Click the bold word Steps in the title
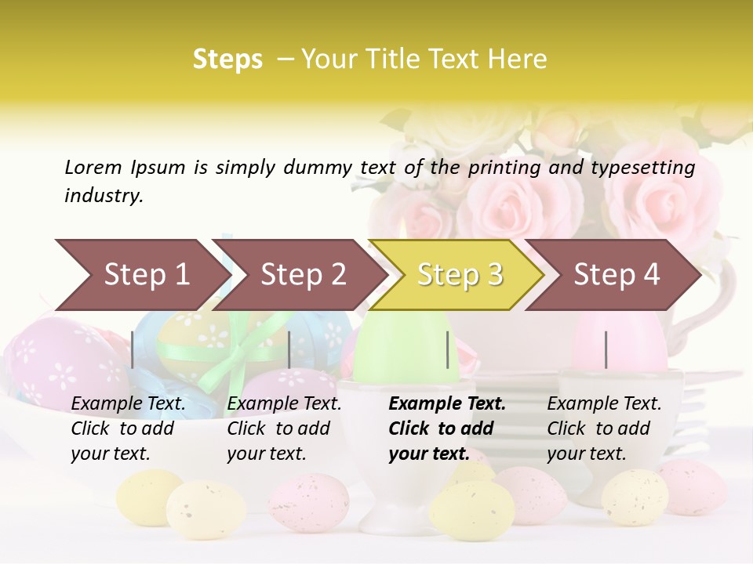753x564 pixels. [x=227, y=60]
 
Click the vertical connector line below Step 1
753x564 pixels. [x=133, y=349]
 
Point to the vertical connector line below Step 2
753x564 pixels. [x=289, y=349]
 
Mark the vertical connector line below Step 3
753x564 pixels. [x=447, y=349]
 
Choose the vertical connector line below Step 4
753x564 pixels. [x=606, y=349]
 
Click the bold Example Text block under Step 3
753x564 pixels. [x=447, y=428]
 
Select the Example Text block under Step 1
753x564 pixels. [x=129, y=428]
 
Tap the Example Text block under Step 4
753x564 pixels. [x=604, y=428]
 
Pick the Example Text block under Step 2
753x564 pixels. [x=284, y=428]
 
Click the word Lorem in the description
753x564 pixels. [x=93, y=167]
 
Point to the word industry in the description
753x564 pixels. [x=104, y=195]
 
